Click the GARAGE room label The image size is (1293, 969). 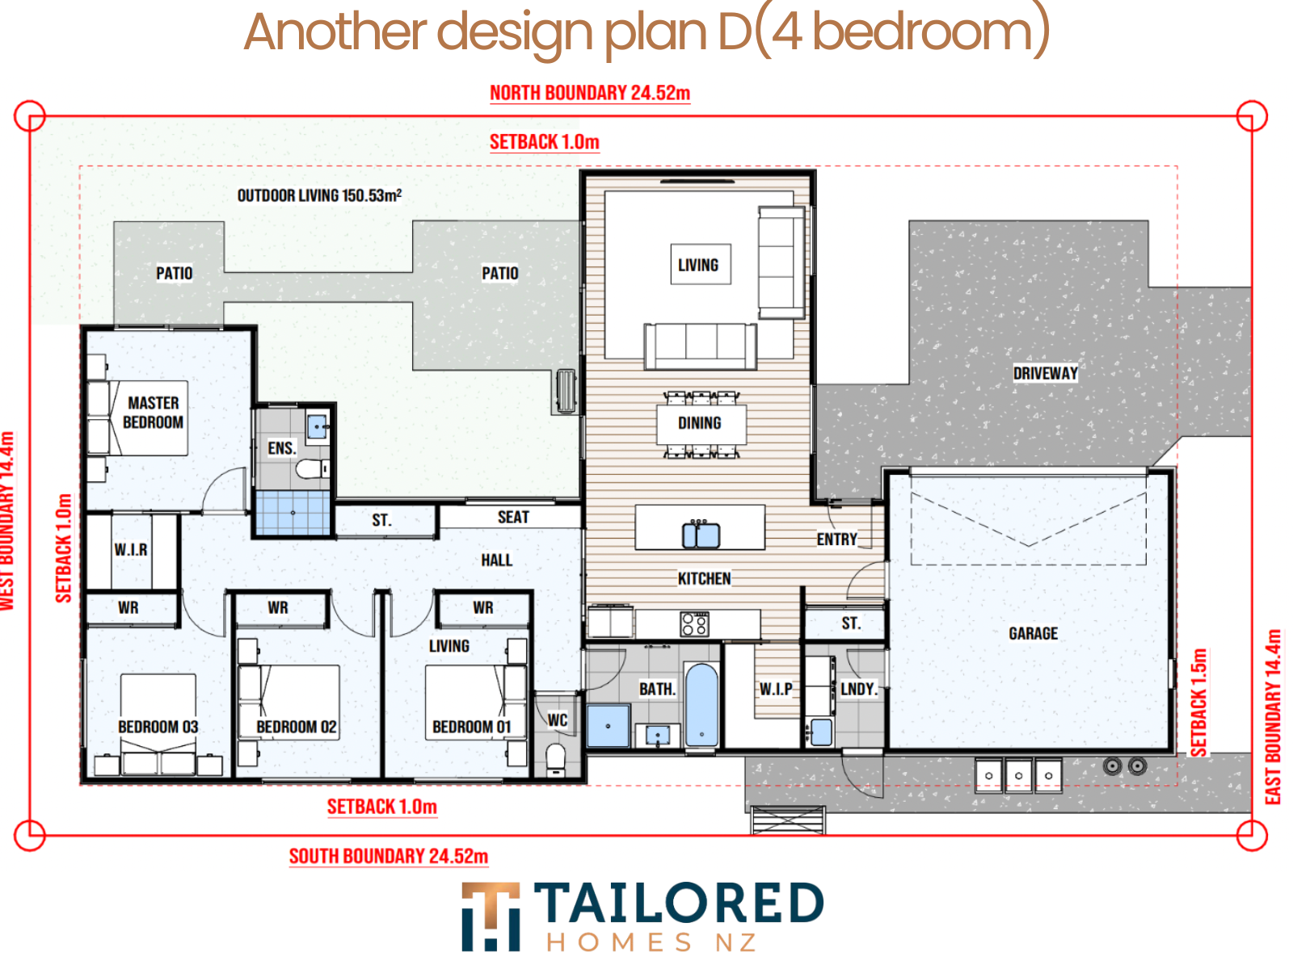1033,633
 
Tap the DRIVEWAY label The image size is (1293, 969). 1045,373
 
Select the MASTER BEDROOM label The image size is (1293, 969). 154,413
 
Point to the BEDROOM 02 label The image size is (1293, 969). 297,727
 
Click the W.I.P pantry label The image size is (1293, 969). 776,689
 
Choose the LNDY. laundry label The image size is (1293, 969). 858,689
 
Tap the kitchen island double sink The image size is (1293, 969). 701,535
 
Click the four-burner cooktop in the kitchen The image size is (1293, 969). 694,623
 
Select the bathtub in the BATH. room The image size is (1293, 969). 701,704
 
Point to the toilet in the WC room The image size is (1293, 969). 555,759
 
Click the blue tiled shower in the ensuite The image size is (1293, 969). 293,513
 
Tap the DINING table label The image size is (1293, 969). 699,423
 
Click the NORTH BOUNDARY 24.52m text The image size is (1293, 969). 590,93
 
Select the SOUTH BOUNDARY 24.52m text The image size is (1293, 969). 388,855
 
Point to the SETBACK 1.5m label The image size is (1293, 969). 1198,702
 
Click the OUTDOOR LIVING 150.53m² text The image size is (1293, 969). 319,195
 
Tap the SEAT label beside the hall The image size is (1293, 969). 513,517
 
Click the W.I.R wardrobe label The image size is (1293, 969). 131,550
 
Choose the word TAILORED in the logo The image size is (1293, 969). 679,902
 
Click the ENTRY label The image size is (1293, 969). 836,539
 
